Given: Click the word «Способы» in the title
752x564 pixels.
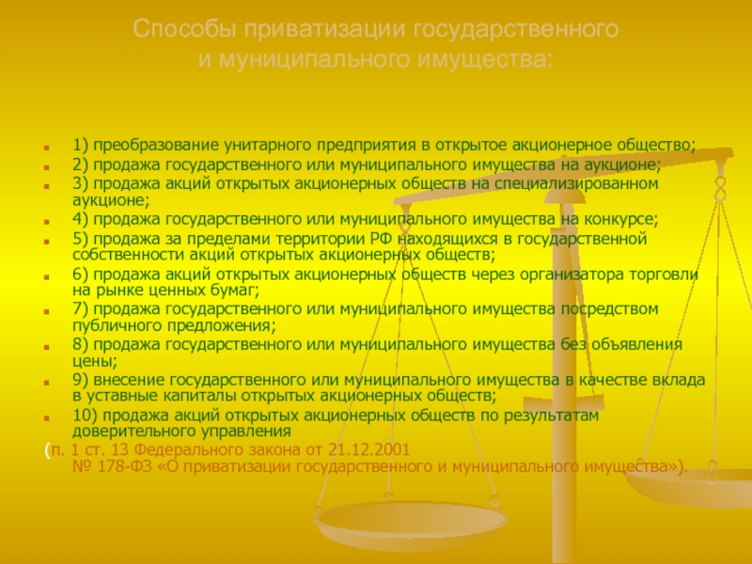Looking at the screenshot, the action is click(184, 30).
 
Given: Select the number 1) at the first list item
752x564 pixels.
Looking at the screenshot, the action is click(81, 145).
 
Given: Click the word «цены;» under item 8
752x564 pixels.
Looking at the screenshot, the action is click(95, 361).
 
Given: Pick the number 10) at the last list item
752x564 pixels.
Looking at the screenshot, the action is click(85, 415).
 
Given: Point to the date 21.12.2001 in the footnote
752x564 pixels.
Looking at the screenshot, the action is click(369, 450).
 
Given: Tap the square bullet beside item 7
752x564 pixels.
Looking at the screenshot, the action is click(46, 312).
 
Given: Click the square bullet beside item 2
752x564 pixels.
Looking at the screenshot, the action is click(46, 167).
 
